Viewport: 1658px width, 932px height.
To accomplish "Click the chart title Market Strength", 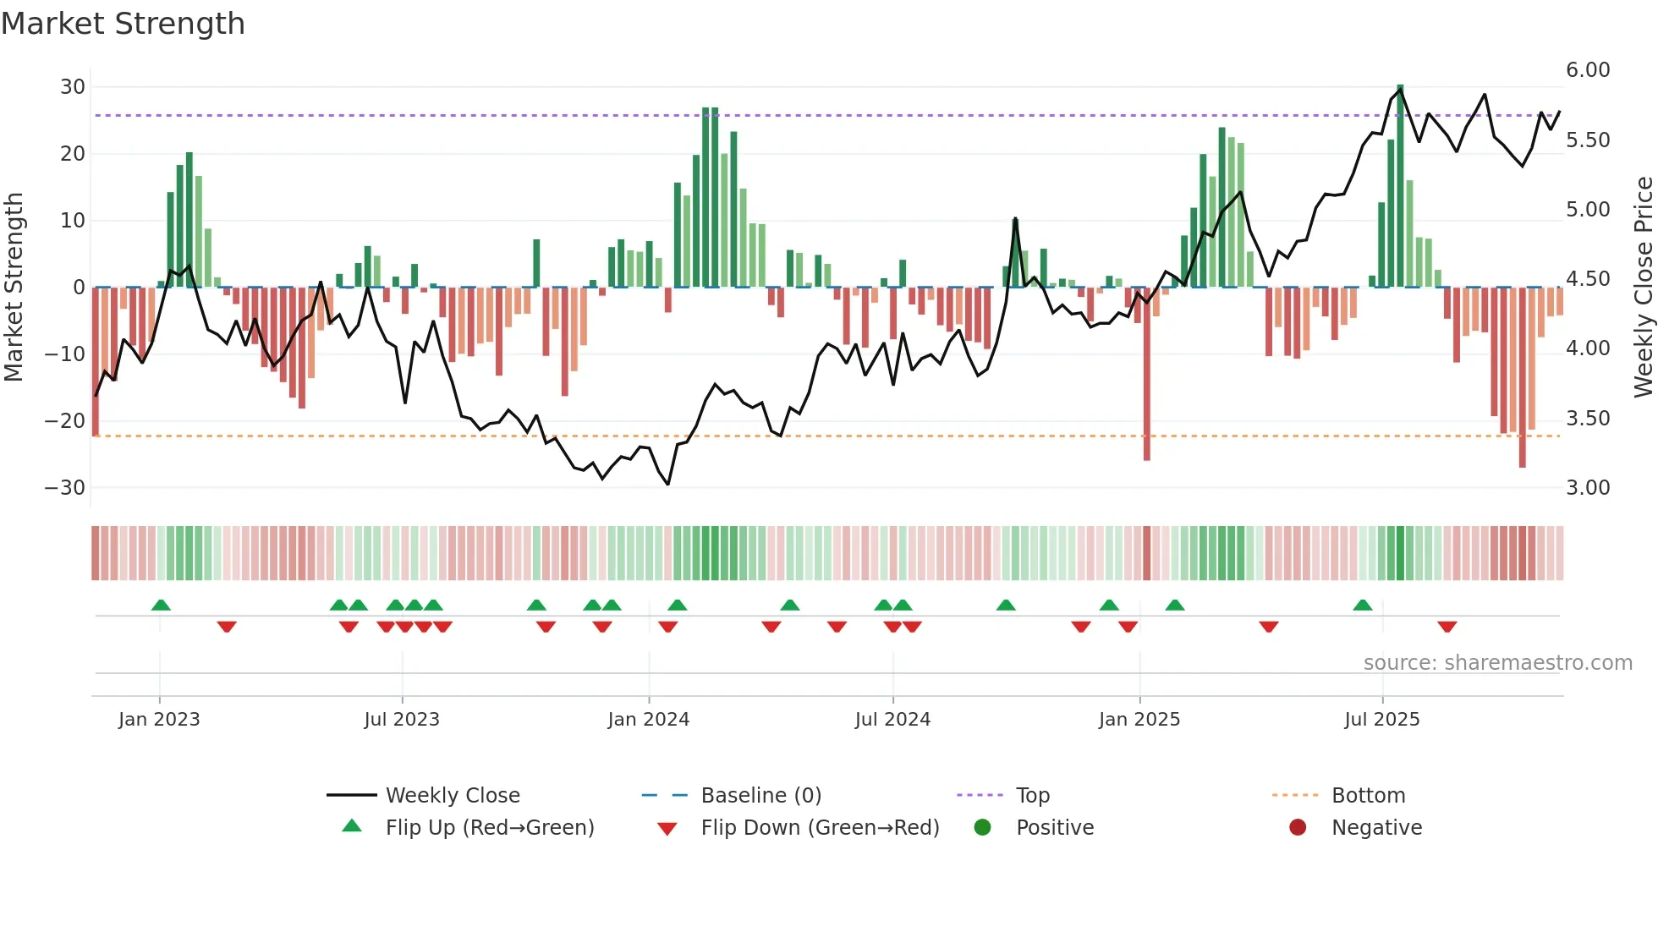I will (x=123, y=24).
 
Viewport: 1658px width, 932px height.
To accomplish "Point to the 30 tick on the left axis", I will (x=73, y=87).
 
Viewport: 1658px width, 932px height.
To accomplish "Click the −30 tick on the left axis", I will (x=65, y=488).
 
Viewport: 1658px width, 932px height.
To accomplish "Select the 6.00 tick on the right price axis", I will (x=1588, y=70).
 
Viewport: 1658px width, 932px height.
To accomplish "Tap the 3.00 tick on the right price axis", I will (x=1588, y=488).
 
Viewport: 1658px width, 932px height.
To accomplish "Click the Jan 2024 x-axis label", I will (x=649, y=720).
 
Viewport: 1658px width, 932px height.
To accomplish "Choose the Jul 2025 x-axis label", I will (x=1382, y=720).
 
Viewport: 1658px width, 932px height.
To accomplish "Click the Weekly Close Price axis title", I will (x=1643, y=288).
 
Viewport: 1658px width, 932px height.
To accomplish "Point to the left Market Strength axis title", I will (x=14, y=288).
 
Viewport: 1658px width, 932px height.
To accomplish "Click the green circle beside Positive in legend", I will (x=982, y=828).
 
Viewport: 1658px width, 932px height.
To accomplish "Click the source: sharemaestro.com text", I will (x=1497, y=663).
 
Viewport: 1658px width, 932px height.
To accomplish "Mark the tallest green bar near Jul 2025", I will (x=1400, y=186).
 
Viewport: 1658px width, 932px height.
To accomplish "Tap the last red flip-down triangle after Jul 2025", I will (x=1447, y=627).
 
